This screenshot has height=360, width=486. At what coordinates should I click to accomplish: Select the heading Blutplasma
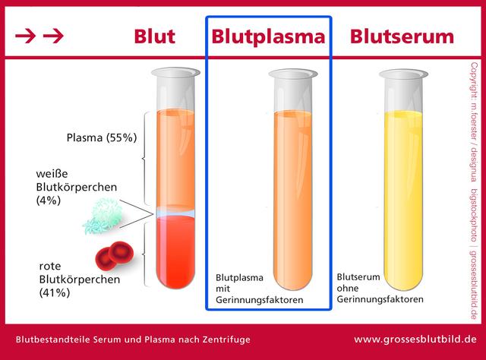(269, 36)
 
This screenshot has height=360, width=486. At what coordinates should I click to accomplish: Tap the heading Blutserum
(402, 36)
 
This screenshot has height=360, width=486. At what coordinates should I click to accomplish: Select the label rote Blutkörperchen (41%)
(72, 278)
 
